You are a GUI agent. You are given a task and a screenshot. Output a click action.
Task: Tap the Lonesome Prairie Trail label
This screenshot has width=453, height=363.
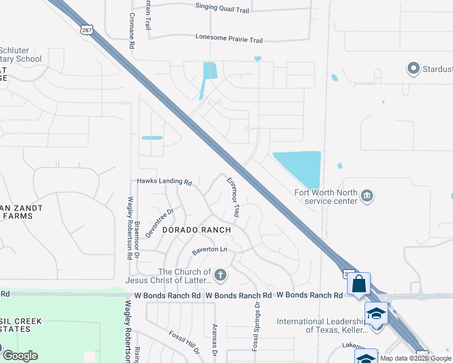click(229, 39)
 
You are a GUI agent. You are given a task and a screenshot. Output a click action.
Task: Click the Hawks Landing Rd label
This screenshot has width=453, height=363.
click(164, 181)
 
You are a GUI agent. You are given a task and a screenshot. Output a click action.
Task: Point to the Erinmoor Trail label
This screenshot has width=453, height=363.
click(234, 197)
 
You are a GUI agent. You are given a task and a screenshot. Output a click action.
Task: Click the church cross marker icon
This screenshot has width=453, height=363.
click(220, 276)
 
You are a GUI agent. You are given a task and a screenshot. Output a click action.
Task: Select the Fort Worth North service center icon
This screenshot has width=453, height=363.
click(367, 196)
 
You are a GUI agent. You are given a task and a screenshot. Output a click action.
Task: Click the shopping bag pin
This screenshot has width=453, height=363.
click(359, 283)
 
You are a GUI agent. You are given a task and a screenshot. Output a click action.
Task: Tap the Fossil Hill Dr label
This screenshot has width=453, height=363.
click(185, 342)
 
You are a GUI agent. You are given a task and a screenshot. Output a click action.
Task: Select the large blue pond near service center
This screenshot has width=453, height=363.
click(300, 167)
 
